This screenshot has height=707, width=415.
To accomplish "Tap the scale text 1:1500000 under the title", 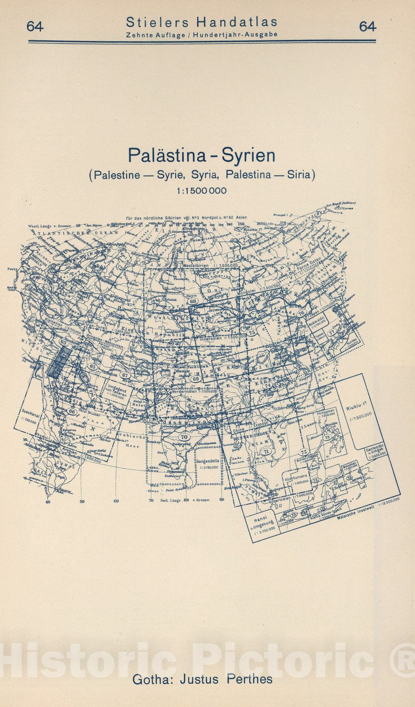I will point(201,190).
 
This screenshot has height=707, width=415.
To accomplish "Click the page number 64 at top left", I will point(35,27).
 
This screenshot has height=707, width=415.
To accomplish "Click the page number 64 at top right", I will point(367,27).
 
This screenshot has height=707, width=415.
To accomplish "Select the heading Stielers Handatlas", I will point(202,22).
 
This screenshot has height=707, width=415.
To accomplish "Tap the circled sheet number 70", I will point(184,437).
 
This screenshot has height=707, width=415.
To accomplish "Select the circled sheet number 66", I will point(72,411).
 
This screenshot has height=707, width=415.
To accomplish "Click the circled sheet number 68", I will point(193,301).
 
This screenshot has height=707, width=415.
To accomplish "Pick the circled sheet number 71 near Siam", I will point(266,452).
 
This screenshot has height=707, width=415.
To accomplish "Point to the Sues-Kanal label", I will point(28,416).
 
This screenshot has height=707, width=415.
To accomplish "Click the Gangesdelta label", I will point(208,461).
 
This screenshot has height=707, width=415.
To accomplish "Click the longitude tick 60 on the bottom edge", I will point(116,501).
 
